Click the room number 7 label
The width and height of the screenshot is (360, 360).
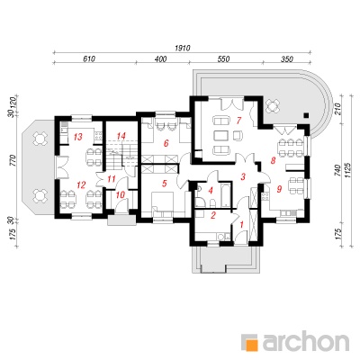point(238,121)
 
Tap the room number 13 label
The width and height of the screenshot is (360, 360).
point(77,137)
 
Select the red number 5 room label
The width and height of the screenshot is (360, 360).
point(164,184)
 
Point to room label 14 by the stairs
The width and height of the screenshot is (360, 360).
point(121,136)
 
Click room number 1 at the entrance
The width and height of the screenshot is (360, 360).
point(242,224)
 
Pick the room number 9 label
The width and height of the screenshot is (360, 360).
point(279,189)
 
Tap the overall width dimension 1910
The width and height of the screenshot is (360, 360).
point(183,48)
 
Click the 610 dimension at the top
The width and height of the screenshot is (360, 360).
point(89,58)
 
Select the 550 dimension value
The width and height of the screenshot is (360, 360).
point(223,58)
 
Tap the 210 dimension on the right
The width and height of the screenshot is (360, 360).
point(338,108)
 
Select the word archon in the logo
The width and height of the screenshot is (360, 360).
point(306,341)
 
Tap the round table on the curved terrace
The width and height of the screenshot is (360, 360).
point(273,105)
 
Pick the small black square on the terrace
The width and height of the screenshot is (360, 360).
point(306,115)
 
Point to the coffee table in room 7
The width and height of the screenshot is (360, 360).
point(222,135)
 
